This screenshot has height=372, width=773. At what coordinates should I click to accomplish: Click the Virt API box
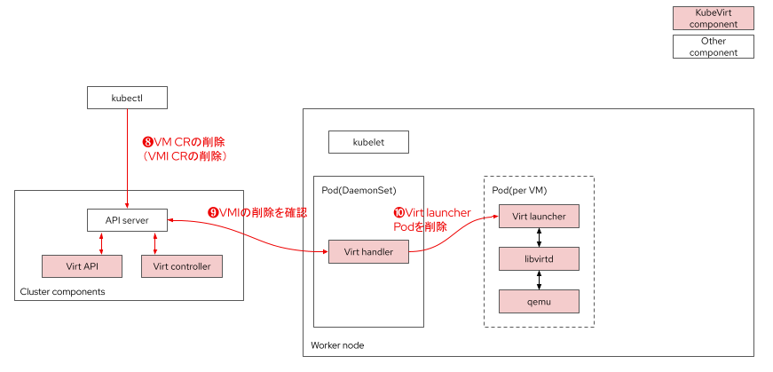click(82, 266)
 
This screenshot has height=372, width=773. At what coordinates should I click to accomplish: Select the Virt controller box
click(181, 266)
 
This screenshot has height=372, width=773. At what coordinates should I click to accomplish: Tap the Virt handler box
click(368, 251)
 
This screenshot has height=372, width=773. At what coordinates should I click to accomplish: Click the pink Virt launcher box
click(539, 216)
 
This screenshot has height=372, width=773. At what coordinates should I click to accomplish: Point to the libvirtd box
click(539, 258)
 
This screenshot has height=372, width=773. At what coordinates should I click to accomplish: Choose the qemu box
click(539, 301)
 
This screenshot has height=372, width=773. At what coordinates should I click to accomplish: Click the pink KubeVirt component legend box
click(713, 19)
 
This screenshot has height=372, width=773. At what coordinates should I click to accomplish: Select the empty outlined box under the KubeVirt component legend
click(713, 46)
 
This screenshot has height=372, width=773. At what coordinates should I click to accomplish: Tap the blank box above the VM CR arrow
click(127, 97)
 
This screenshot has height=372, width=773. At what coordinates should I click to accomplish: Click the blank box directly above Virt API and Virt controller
click(127, 219)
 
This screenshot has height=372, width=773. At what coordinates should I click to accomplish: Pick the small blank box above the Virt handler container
click(368, 141)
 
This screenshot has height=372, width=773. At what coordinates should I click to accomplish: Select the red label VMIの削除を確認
click(256, 212)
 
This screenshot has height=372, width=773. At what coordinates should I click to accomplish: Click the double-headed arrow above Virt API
click(102, 242)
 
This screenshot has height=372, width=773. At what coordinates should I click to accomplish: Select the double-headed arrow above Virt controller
click(155, 242)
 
